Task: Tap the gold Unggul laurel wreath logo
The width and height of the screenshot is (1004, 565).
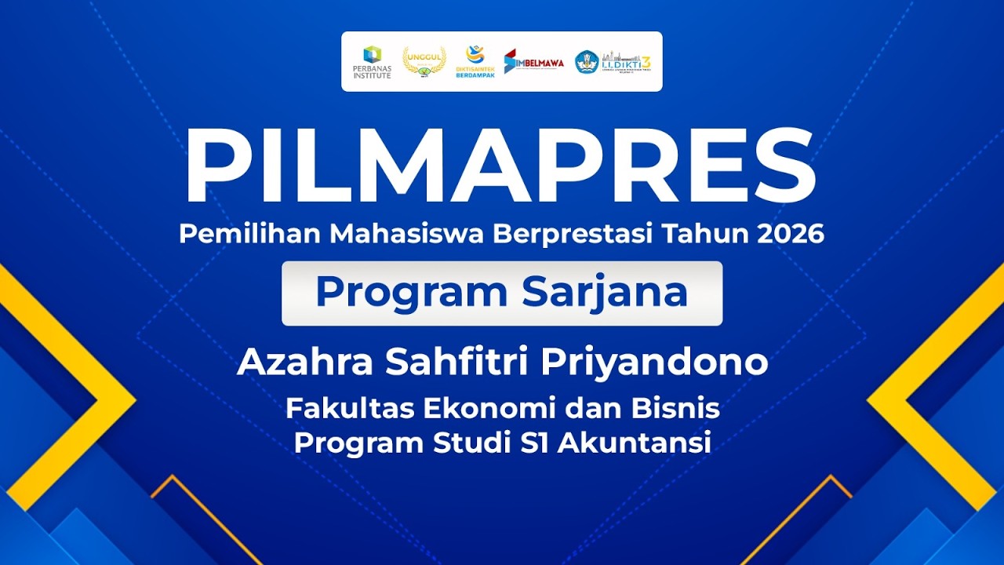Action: pos(424,60)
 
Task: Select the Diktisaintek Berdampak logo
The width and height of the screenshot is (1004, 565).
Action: pos(475,61)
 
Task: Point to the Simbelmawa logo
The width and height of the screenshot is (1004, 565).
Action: pos(533,61)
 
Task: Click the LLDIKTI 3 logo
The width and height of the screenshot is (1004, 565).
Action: pos(626,61)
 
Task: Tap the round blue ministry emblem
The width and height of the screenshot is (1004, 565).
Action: pos(587,62)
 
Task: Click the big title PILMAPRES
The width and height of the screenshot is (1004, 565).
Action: pos(500,166)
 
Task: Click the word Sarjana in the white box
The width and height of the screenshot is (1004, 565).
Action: pos(605,293)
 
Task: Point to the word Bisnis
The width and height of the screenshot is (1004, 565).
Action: pos(681,409)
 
